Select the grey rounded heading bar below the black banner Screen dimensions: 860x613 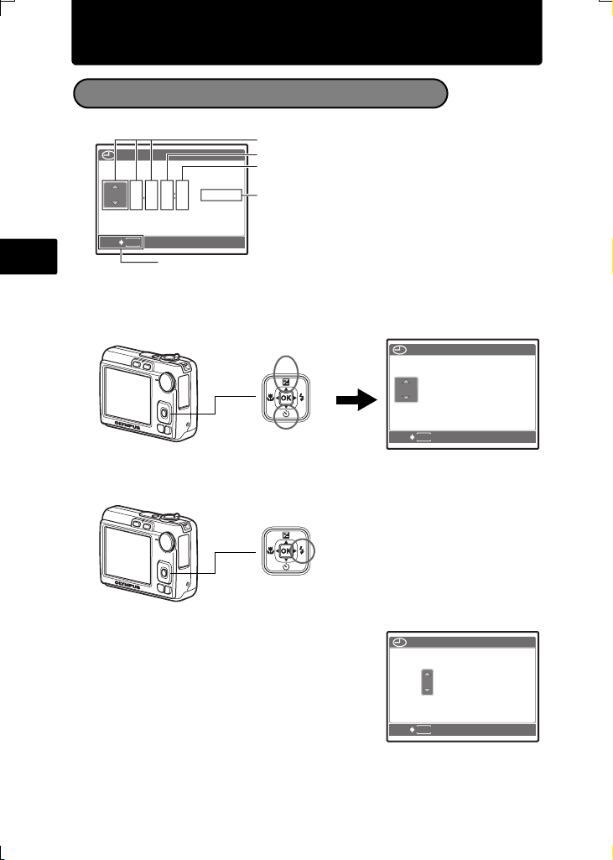coord(259,94)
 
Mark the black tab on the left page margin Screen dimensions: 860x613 coord(29,257)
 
